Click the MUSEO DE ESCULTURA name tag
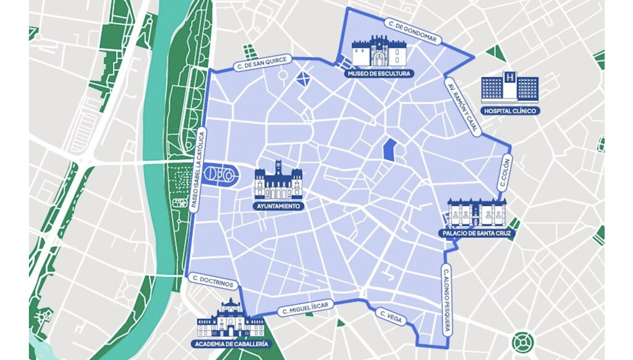tap(378, 74)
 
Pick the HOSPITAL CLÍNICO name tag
tap(511, 111)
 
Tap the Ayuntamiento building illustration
tap(279, 181)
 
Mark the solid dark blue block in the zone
tap(389, 150)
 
